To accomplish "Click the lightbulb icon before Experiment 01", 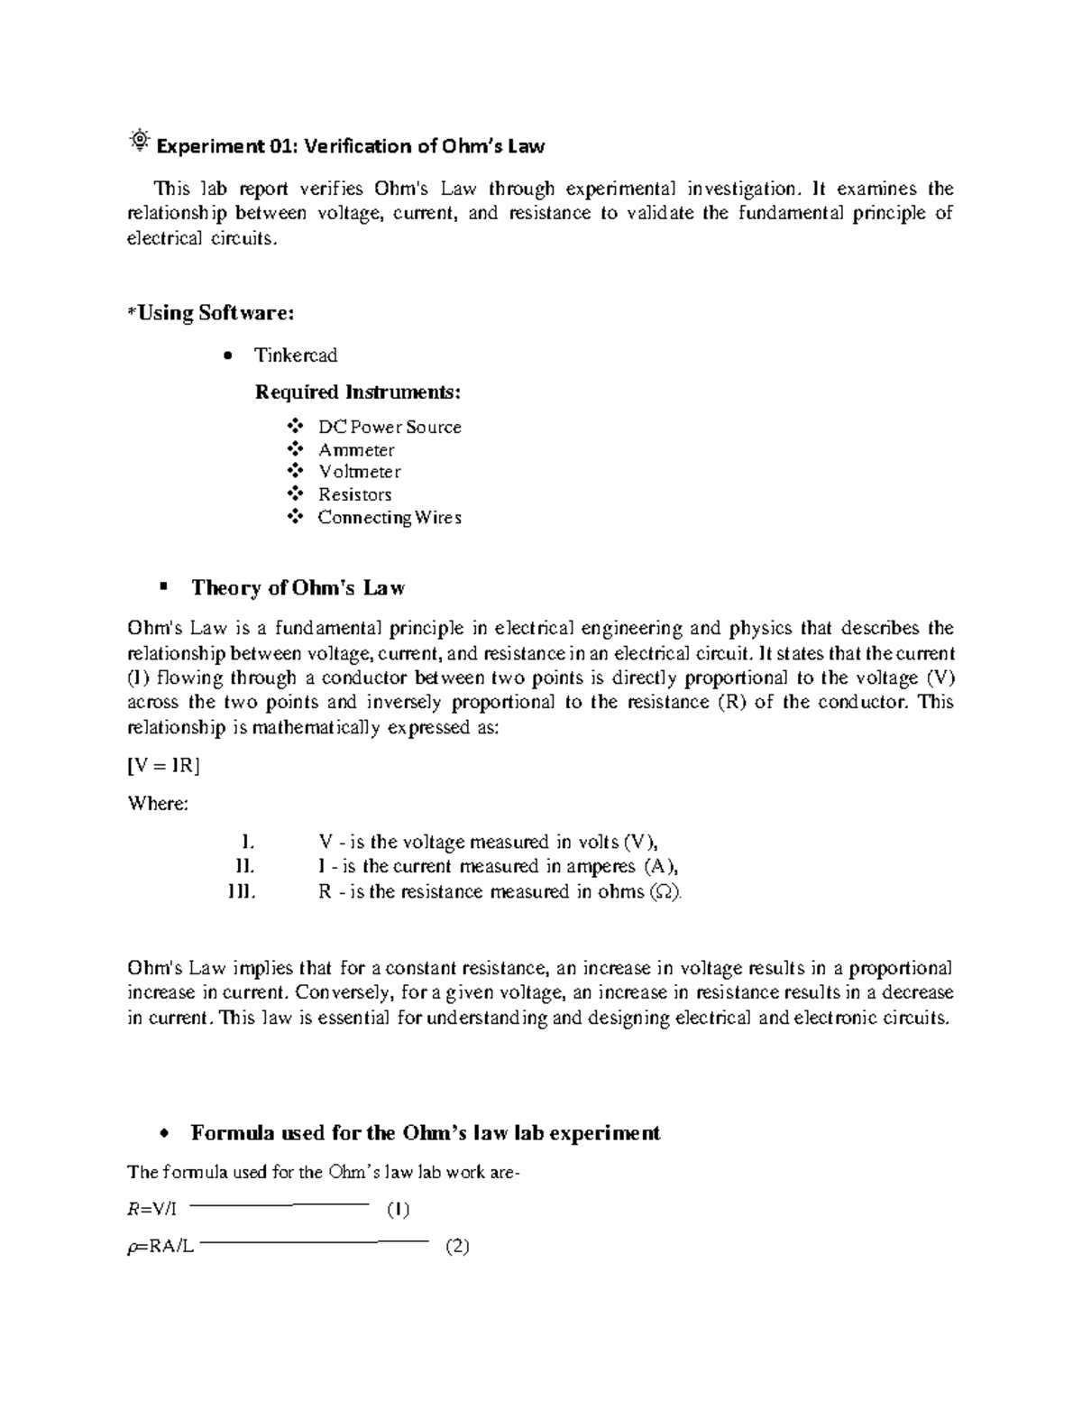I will pos(140,141).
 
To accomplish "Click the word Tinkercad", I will pos(296,355).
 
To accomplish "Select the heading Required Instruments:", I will pos(358,392).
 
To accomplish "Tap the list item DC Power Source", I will pos(390,428).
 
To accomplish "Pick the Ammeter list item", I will pos(356,450).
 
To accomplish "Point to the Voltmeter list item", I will pos(360,472).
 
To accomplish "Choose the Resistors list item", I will pos(355,494).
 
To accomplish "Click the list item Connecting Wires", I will pos(390,517).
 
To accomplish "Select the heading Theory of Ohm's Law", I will pos(298,589).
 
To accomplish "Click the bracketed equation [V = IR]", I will pos(163,766).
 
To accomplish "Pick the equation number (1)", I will pos(398,1210).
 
